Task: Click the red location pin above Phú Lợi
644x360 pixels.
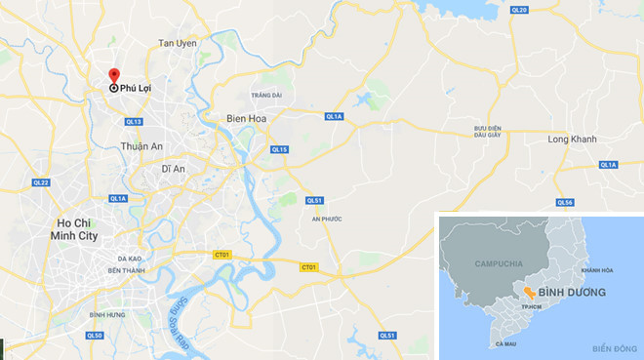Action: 113,76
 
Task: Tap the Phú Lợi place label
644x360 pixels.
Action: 137,89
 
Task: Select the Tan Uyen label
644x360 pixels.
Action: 178,44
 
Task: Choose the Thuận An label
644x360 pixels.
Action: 140,146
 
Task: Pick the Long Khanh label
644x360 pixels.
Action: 571,140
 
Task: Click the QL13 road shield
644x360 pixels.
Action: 134,122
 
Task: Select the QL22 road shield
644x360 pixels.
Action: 40,182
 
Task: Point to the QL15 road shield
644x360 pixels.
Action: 279,149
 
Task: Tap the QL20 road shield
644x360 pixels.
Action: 518,10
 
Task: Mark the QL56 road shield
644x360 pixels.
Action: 564,202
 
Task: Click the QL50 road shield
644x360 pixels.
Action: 95,336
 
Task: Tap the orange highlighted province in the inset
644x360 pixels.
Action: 527,293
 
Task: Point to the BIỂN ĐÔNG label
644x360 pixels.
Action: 614,348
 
